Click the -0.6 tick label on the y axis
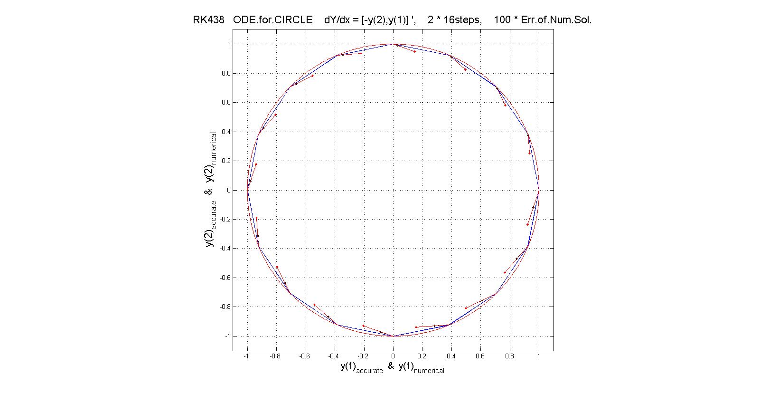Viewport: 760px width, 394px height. coord(224,278)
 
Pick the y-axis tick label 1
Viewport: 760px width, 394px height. coord(228,44)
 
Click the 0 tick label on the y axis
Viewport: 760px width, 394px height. coord(228,190)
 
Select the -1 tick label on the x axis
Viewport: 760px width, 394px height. coord(246,356)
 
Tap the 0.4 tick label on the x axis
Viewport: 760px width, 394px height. coord(451,356)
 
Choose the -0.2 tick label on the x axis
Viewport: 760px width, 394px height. coord(363,356)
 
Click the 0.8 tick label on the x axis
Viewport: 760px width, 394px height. coord(510,356)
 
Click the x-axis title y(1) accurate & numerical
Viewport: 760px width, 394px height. coord(392,367)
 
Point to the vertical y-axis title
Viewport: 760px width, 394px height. coord(211,190)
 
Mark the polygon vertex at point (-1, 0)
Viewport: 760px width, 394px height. coord(247,190)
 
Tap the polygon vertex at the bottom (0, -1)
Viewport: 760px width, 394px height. coord(393,336)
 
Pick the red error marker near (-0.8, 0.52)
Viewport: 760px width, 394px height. coord(275,115)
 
